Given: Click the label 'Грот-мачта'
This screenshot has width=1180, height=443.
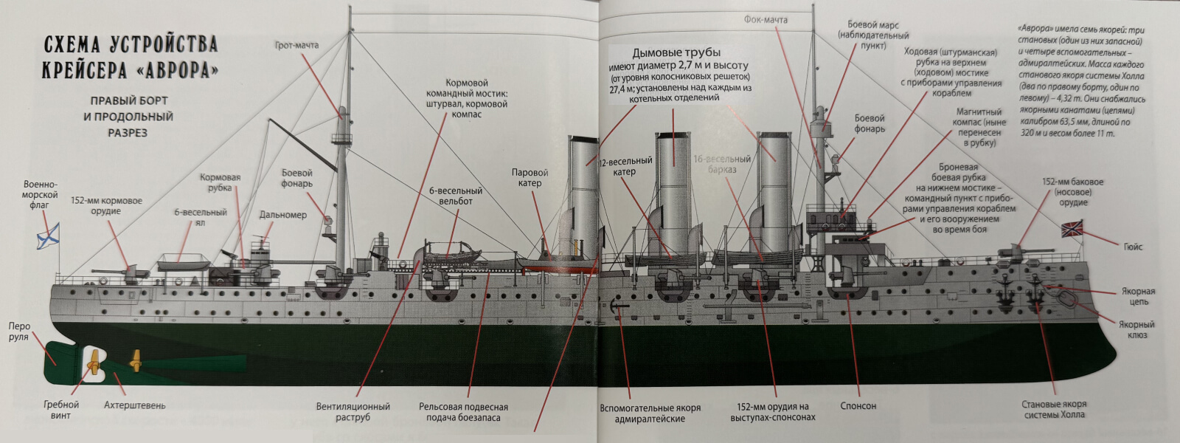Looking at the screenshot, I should [x=296, y=45].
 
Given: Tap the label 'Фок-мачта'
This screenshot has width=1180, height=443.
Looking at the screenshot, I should [x=766, y=20].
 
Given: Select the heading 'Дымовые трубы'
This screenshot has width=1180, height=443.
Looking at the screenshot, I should [x=676, y=52].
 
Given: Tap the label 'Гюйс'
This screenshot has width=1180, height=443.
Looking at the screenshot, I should [x=1133, y=247].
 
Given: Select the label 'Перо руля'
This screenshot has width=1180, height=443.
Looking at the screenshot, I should [x=19, y=332].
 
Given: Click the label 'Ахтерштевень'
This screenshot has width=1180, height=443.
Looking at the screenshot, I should [x=134, y=405].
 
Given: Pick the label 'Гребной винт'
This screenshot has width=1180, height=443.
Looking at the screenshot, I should [x=60, y=410].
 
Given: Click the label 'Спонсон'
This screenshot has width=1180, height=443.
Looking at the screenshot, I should [x=858, y=406].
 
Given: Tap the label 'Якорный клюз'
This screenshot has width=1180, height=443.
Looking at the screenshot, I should [x=1136, y=329].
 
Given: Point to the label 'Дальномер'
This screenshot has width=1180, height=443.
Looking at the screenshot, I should [x=282, y=215].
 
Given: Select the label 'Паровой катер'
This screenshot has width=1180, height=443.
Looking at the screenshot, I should [x=530, y=178].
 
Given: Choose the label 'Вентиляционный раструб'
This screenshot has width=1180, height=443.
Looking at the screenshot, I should [x=353, y=411].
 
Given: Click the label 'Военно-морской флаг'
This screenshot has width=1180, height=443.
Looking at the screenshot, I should [x=41, y=195].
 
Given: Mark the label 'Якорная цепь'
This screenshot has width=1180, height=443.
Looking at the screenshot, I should [x=1136, y=296].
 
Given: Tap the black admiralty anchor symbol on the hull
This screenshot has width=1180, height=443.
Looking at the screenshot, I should [x=618, y=307].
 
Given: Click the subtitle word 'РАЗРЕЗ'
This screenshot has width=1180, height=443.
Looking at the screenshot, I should [x=128, y=133].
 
